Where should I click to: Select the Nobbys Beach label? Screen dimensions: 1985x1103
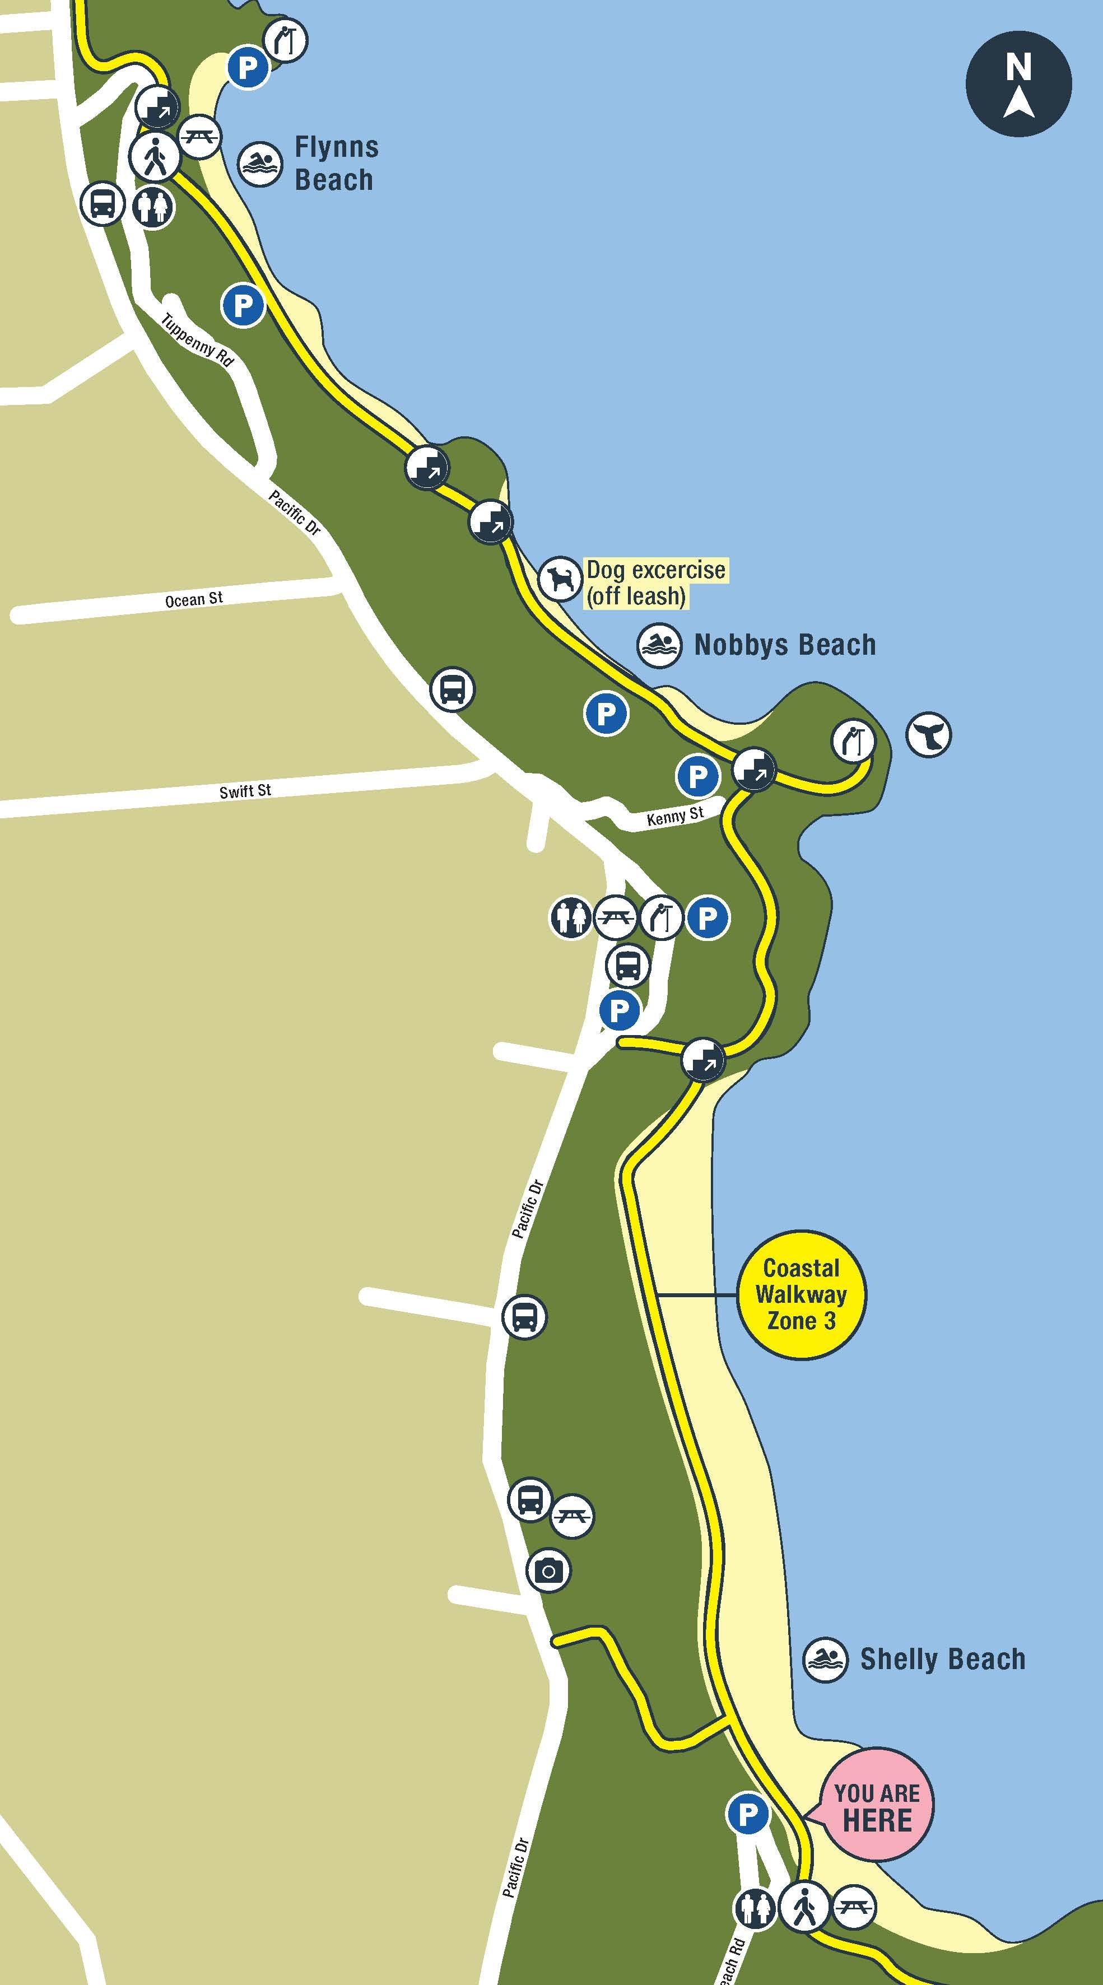785,645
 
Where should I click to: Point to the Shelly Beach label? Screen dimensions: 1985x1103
942,1659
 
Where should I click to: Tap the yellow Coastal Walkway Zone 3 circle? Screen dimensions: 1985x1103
801,1294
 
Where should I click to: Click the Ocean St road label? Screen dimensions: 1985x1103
194,599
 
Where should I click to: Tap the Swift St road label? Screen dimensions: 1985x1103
245,791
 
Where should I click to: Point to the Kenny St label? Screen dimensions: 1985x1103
675,816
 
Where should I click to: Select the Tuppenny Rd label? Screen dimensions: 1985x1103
197,340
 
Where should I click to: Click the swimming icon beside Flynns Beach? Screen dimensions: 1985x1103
260,164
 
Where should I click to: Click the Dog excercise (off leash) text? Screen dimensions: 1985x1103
655,583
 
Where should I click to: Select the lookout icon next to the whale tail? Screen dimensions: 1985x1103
853,741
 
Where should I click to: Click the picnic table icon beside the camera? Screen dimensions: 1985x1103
573,1516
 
